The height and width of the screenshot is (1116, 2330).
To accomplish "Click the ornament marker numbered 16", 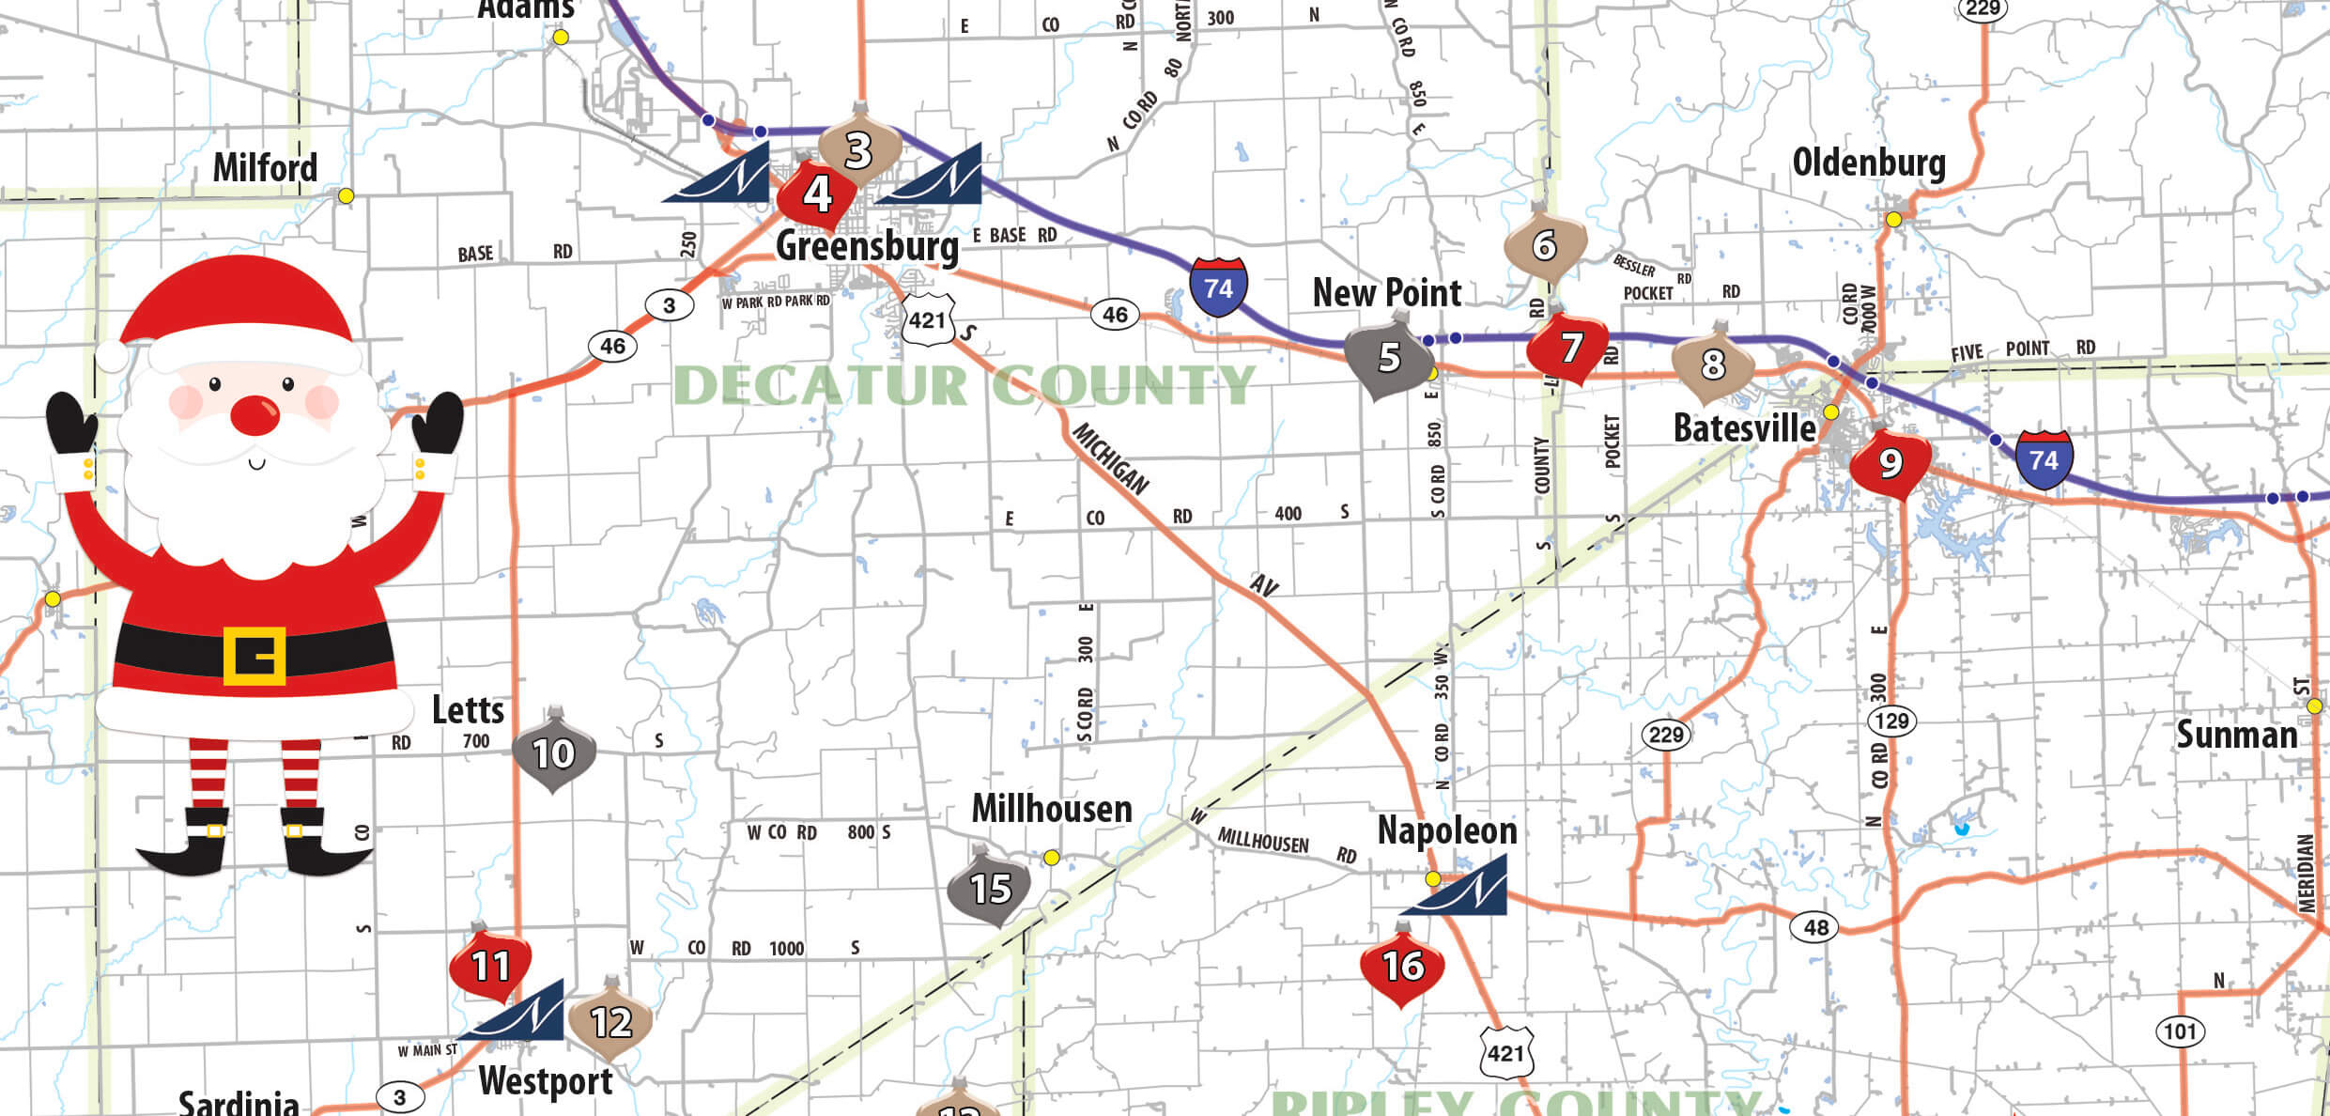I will (x=1402, y=967).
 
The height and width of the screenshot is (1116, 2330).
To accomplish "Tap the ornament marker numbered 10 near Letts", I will (x=554, y=753).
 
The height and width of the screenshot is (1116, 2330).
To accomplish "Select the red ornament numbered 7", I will (x=1568, y=349).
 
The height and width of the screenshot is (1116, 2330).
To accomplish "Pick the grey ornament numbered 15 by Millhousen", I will (x=989, y=888).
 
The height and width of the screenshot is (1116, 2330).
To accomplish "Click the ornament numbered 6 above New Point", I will (x=1545, y=246).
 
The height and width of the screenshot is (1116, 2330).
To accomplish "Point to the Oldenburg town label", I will (x=1869, y=163).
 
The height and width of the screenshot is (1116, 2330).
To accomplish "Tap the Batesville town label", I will (x=1744, y=428).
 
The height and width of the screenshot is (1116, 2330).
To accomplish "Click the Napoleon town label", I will (x=1446, y=830).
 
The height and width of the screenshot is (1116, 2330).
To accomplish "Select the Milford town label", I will (x=265, y=168).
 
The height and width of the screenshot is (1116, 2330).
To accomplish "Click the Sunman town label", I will (x=2236, y=735).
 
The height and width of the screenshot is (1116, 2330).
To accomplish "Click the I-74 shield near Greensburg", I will (x=1218, y=287).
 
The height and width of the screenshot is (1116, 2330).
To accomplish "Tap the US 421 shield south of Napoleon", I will (x=1506, y=1052).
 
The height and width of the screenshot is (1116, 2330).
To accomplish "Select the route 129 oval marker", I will (x=1891, y=721).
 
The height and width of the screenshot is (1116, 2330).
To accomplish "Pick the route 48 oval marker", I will (x=1815, y=928).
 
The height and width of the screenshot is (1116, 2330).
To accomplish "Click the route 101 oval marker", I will (x=2180, y=1031).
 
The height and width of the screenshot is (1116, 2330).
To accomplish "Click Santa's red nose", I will (x=255, y=415).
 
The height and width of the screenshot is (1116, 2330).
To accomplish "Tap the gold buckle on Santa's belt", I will (x=254, y=655).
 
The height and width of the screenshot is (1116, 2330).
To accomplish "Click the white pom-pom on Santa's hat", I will (x=113, y=357).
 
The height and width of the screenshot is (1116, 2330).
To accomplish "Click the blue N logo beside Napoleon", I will (x=1463, y=886).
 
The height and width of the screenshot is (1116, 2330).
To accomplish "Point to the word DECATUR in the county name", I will (x=820, y=385).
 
